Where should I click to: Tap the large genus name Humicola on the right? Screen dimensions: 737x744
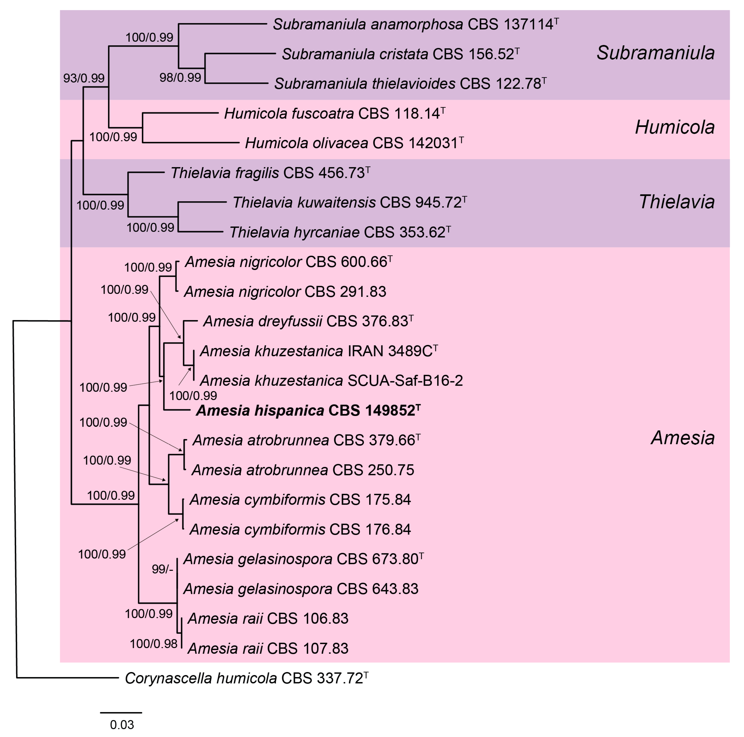675,127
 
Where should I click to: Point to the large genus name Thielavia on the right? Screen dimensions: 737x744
677,202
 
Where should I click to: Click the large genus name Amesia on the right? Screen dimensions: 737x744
682,438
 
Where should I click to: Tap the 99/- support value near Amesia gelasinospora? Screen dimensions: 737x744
162,569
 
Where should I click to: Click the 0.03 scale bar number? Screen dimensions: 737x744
122,725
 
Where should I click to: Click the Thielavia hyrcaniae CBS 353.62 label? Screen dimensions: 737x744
340,233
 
